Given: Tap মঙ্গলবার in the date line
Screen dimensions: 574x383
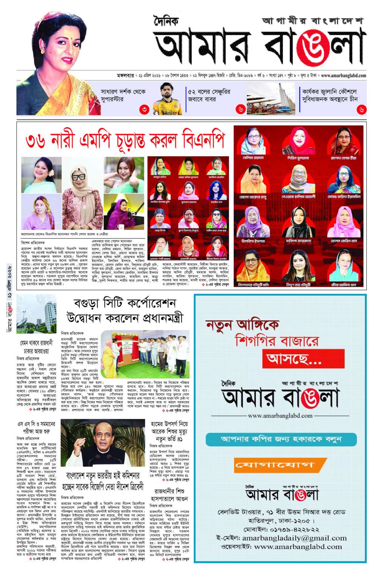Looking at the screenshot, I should click(127, 76).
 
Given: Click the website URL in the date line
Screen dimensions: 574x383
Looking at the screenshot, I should click(343, 76).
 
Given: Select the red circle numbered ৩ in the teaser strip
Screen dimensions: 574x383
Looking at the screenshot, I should click(145, 110).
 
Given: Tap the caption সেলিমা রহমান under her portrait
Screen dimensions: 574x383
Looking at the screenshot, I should click(253, 158).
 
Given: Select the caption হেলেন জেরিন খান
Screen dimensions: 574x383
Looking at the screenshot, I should click(344, 240).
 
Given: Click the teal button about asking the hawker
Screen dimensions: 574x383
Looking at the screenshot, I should click(281, 439).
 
